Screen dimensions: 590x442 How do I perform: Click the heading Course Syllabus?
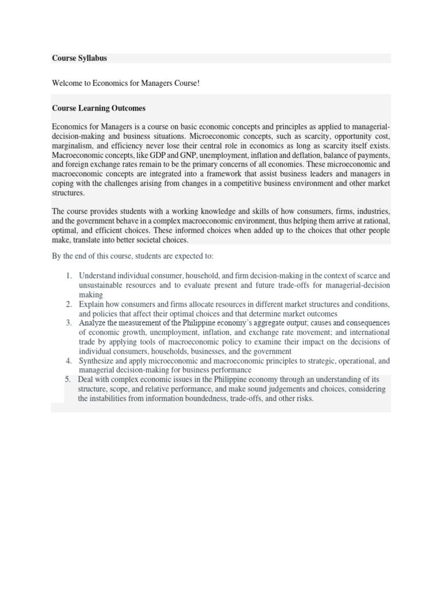(x=79, y=58)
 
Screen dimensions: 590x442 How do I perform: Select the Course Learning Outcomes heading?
(x=98, y=108)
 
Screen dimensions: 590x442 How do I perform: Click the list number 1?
(x=68, y=276)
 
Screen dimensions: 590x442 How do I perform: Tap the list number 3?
(x=68, y=323)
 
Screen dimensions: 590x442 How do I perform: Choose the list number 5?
(x=67, y=379)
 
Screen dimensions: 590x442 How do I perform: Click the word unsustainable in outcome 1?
(x=102, y=285)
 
